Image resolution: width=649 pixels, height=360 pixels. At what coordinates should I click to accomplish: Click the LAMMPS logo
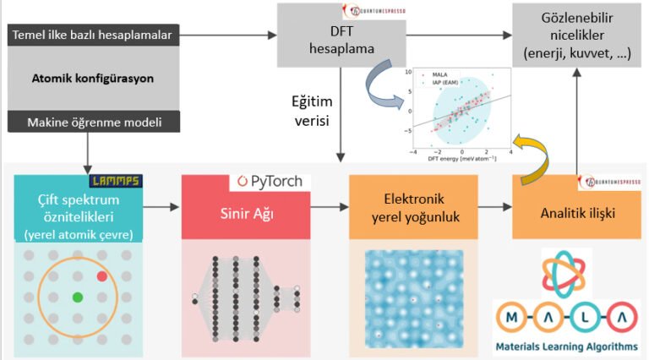click(x=116, y=181)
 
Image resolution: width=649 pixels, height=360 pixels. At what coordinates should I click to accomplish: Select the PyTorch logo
click(x=270, y=182)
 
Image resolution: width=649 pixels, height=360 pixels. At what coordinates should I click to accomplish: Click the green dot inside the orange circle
click(x=78, y=297)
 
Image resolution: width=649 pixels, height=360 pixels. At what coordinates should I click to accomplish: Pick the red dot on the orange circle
click(x=101, y=275)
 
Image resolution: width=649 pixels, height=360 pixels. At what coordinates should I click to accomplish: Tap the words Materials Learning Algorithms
click(x=567, y=345)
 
